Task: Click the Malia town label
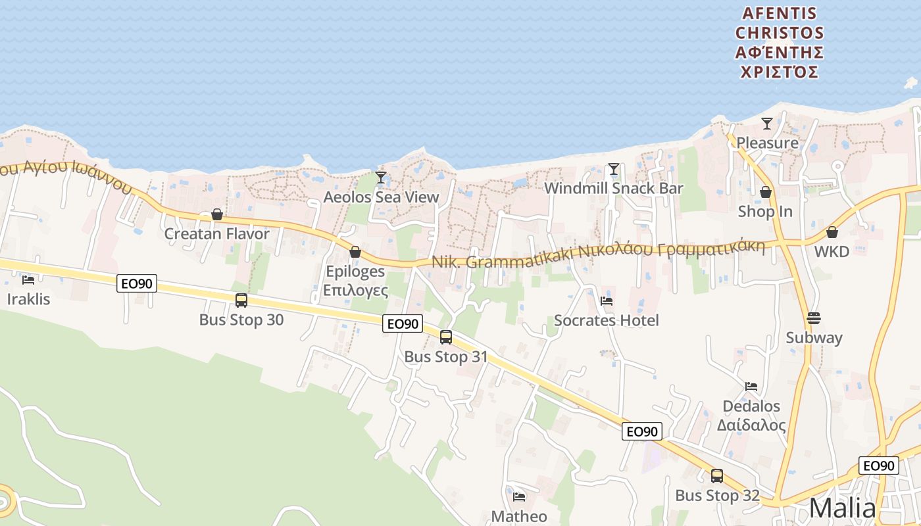pos(842,508)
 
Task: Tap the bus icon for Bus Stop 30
pos(241,300)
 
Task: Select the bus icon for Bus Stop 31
pos(446,337)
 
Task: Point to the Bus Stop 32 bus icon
pos(717,476)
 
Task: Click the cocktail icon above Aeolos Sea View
pos(381,178)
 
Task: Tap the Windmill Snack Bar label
pos(613,189)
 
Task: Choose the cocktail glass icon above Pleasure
pos(766,124)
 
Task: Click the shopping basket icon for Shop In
pos(766,192)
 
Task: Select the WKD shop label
pos(832,251)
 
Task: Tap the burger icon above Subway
pos(814,318)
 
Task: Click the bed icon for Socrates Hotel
pos(607,301)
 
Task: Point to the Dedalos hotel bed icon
pos(751,387)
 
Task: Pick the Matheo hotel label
pos(519,516)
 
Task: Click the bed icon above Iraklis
pos(28,280)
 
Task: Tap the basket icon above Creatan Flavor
pos(217,215)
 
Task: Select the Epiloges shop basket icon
pos(355,252)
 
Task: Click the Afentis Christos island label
pos(780,43)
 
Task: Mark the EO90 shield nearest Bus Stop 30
pos(137,284)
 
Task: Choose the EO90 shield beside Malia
pos(878,466)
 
